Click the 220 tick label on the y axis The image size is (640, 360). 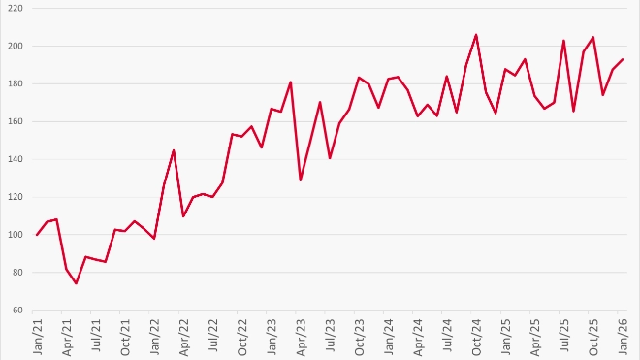click(16, 8)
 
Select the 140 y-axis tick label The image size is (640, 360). click(16, 159)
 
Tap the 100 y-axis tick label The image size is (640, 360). click(16, 235)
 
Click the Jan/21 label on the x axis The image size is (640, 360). click(38, 337)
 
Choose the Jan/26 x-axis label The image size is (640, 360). click(622, 337)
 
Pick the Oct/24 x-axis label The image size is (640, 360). click(476, 337)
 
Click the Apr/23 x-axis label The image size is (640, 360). click(301, 337)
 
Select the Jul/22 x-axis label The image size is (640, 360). click(213, 337)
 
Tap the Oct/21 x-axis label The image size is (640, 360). click(125, 337)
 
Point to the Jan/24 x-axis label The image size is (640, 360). click(388, 337)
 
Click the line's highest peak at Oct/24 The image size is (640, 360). click(476, 35)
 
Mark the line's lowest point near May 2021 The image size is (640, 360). click(76, 283)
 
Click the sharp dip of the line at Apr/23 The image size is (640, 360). click(301, 180)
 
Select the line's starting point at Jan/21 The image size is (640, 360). click(38, 235)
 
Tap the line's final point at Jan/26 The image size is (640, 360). click(622, 59)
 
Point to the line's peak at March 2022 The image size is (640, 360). click(174, 150)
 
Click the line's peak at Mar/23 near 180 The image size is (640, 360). click(291, 82)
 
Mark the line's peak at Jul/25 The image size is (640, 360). click(563, 41)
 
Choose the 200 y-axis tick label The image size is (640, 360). click(16, 46)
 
